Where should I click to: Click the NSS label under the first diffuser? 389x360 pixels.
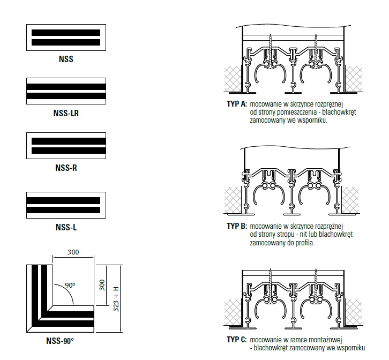coord(66,59)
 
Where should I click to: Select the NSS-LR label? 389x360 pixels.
coord(66,113)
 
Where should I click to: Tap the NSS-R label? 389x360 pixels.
coord(66,168)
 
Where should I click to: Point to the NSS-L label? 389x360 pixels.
coord(66,227)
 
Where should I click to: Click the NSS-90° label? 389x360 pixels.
coord(60,341)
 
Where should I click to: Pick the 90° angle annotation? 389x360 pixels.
coord(70,286)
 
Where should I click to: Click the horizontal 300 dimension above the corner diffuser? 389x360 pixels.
coord(73,252)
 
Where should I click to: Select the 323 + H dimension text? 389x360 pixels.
coord(116,299)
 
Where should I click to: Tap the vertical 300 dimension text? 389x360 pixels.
coord(102,285)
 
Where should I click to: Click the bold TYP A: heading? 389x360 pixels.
coord(237,104)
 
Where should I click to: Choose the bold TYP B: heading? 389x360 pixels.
coord(237,226)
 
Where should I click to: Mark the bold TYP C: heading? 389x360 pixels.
coord(237,340)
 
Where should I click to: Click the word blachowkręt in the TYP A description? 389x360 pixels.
coord(339,112)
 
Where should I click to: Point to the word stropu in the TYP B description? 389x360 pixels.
coord(285,235)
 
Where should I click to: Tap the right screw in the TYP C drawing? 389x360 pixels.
coord(316,285)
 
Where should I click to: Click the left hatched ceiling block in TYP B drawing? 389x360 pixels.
coord(233,200)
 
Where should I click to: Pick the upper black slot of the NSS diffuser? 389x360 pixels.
coord(66,33)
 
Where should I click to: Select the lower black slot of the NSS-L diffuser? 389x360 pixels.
coord(63,210)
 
